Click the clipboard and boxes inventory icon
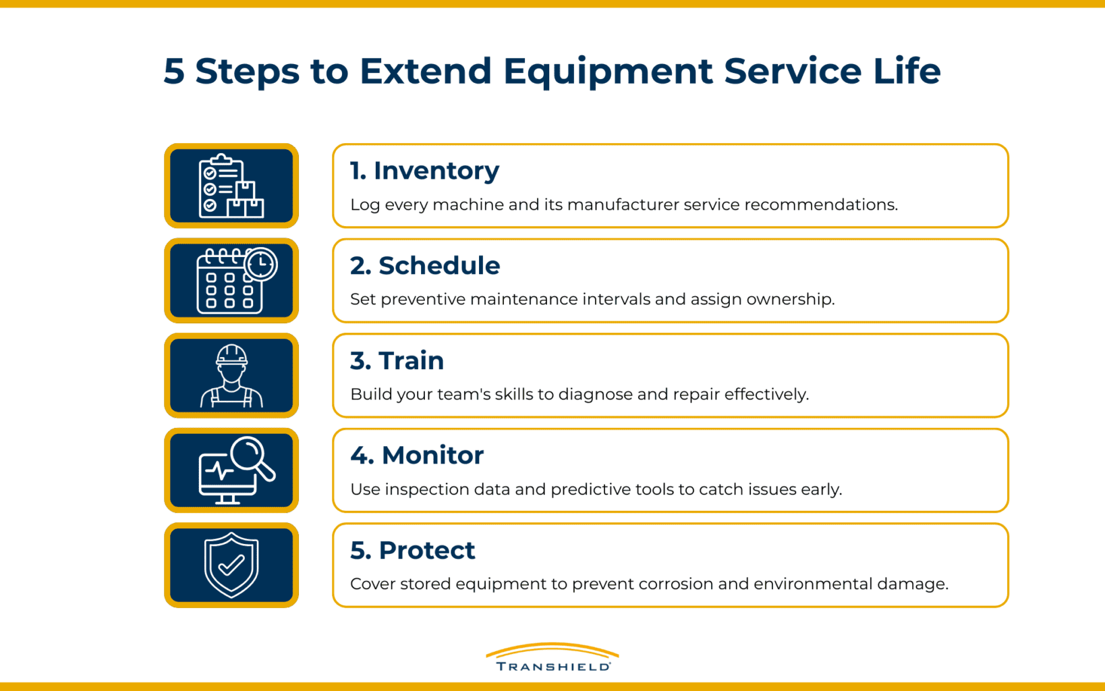click(x=231, y=186)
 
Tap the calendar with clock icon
click(x=231, y=281)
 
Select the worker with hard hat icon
click(x=231, y=375)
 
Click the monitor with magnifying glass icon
click(x=231, y=470)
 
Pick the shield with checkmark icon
click(x=231, y=565)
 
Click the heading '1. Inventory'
click(x=424, y=171)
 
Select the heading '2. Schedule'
click(x=425, y=266)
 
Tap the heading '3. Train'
click(x=397, y=361)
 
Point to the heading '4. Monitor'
click(x=417, y=455)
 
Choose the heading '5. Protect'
click(x=412, y=551)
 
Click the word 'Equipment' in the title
click(x=607, y=72)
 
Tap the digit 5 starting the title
click(x=173, y=71)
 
